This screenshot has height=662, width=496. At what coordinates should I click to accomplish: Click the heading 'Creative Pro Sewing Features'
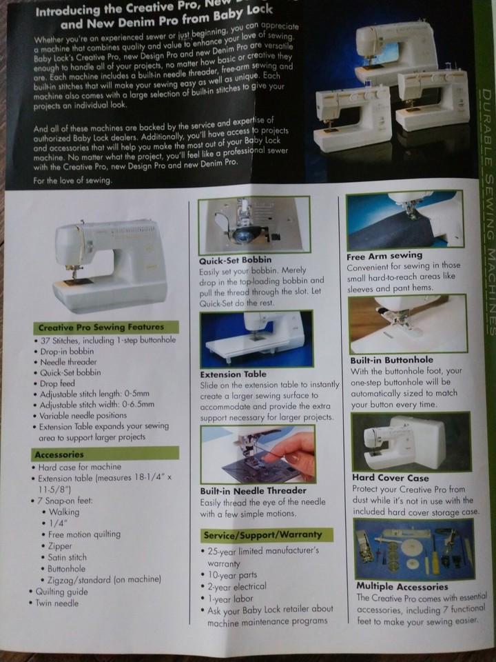101,328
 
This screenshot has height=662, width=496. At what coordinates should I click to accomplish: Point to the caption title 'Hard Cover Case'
390,478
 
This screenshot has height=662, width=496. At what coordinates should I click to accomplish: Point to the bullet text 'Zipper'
62,545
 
